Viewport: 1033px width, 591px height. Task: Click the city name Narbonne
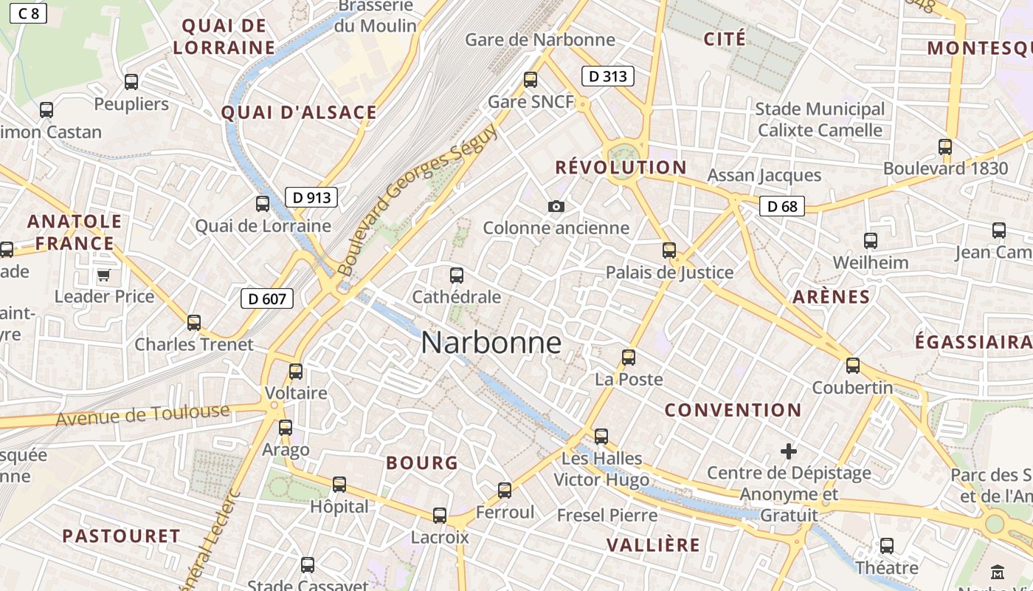click(x=491, y=343)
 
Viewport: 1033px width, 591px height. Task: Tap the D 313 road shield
click(x=608, y=76)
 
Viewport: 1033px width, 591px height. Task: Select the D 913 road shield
click(x=311, y=197)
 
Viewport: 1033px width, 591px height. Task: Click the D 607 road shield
click(x=267, y=298)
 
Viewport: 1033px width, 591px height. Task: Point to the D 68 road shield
click(x=782, y=206)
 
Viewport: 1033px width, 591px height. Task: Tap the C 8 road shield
click(x=28, y=13)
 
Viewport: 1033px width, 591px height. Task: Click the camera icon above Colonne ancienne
click(x=556, y=207)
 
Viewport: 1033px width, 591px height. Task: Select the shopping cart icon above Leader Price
click(x=103, y=276)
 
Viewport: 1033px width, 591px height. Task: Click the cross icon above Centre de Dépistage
click(x=789, y=451)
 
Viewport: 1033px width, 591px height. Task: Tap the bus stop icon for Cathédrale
click(x=457, y=276)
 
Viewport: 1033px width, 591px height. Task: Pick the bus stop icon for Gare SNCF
click(x=530, y=80)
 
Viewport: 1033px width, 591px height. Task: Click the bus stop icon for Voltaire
click(x=296, y=372)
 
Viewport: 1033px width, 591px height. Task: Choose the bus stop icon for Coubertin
click(x=853, y=366)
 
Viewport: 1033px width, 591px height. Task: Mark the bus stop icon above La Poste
click(x=629, y=358)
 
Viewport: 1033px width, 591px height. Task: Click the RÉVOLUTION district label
click(x=621, y=168)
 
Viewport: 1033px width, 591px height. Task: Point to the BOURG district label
click(x=422, y=463)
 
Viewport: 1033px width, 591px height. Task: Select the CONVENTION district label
click(x=733, y=410)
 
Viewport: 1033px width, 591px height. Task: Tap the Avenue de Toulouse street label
click(x=143, y=415)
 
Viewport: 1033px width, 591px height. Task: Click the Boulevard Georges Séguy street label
click(x=417, y=198)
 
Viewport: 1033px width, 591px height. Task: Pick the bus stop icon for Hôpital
click(x=339, y=485)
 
